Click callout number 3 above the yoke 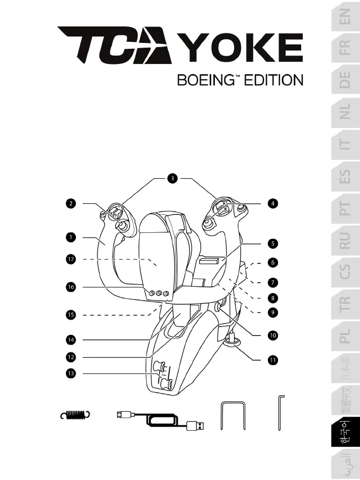coord(172,178)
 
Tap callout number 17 coord(70,259)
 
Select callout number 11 coord(272,360)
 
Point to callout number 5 coord(272,244)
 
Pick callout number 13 coord(70,374)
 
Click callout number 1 coord(70,237)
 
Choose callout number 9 coord(272,312)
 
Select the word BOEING coord(205,80)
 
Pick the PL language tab coord(345,335)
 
